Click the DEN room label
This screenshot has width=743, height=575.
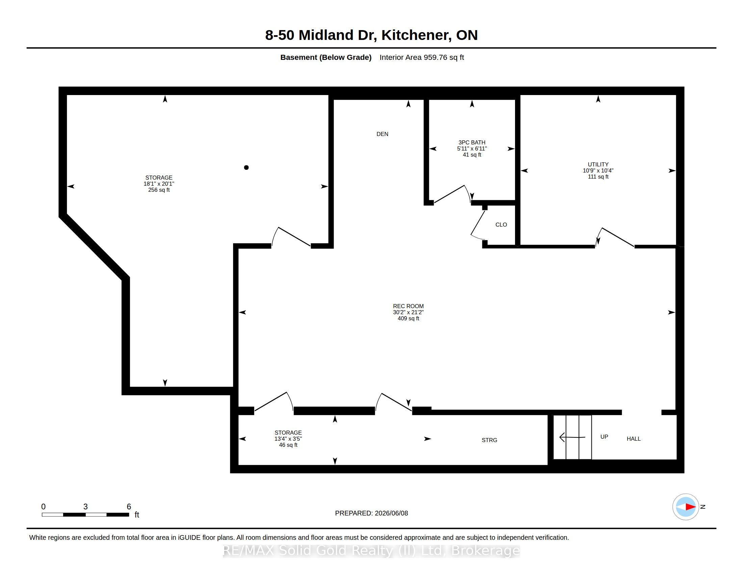click(382, 134)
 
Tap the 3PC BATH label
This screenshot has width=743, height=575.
click(472, 142)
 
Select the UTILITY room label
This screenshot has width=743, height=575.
click(598, 164)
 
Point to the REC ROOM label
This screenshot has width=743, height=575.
click(408, 306)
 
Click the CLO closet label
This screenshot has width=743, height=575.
click(501, 225)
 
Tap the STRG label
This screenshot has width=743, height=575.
click(490, 440)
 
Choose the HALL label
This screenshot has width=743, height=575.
click(634, 439)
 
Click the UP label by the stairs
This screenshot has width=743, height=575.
click(604, 437)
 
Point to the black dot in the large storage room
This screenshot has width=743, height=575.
click(246, 167)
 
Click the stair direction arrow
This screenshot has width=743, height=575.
click(572, 437)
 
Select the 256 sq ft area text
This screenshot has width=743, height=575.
click(159, 190)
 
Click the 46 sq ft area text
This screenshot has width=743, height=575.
click(288, 445)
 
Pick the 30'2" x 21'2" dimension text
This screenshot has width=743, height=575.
click(408, 313)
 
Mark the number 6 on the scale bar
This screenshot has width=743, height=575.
click(129, 507)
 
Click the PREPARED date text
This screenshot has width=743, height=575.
click(371, 513)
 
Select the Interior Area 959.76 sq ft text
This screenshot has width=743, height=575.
click(422, 57)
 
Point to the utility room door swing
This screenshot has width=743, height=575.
click(615, 237)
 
